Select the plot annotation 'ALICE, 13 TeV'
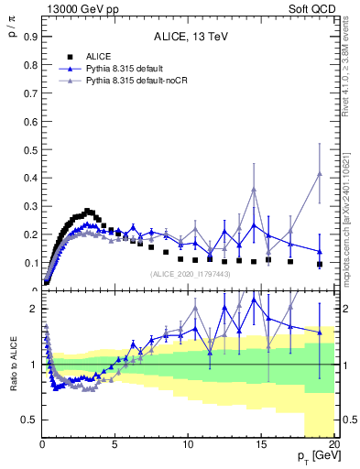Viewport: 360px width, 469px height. pyautogui.click(x=188, y=38)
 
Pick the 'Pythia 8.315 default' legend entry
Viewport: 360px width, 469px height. pyautogui.click(x=128, y=70)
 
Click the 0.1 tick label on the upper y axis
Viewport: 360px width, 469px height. pyautogui.click(x=27, y=263)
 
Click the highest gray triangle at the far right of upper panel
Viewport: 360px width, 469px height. pyautogui.click(x=319, y=174)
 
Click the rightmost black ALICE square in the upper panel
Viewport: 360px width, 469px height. pyautogui.click(x=319, y=264)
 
